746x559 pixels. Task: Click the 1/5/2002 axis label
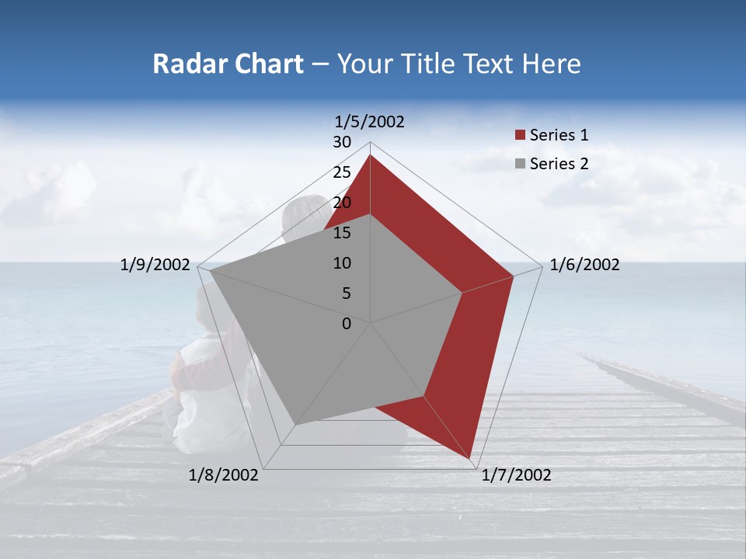[370, 122]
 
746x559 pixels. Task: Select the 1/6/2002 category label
[584, 265]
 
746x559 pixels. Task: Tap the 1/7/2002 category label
[516, 475]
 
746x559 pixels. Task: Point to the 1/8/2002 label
[224, 475]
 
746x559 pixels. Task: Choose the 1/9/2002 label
[155, 265]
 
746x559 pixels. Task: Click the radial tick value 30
[342, 142]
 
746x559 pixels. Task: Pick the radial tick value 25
[342, 172]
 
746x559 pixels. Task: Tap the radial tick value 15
[342, 233]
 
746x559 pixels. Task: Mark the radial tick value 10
[342, 263]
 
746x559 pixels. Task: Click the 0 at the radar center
[347, 324]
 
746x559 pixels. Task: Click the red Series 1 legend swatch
[520, 135]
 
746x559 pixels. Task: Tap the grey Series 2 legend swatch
[520, 164]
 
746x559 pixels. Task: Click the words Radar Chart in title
[228, 64]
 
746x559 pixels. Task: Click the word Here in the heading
[552, 64]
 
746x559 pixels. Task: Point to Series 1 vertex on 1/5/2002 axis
[370, 155]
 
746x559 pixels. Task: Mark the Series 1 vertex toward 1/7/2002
[470, 460]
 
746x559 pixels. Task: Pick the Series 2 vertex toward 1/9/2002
[210, 271]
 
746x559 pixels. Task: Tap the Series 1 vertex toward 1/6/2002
[513, 276]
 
